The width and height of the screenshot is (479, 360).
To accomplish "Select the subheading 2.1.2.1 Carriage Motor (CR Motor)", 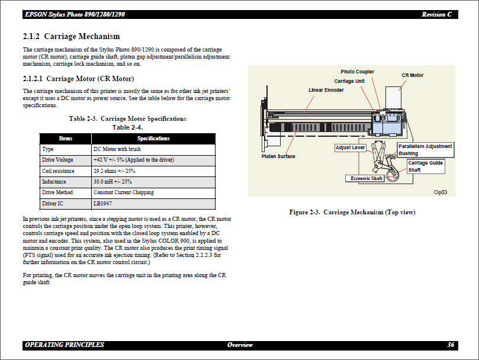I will [x=78, y=79].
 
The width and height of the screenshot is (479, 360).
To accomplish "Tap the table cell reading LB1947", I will [x=102, y=204].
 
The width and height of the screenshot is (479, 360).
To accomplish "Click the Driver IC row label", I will [x=54, y=204].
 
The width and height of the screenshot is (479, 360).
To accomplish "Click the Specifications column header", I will [x=153, y=139].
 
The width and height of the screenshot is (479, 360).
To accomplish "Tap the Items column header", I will [x=65, y=139].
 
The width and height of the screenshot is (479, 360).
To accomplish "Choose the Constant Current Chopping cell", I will [x=123, y=192].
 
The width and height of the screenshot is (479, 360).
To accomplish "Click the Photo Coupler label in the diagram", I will [x=357, y=72].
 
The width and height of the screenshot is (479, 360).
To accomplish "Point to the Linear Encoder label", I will [x=326, y=90].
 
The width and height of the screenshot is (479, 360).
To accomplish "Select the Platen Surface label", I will [x=278, y=156].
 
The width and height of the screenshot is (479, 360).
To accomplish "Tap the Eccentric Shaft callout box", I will [x=366, y=178].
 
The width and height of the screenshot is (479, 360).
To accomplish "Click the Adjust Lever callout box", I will [x=351, y=147].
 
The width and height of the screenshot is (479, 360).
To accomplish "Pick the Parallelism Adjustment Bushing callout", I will [x=425, y=150].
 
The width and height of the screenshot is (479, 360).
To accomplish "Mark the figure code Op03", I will [x=440, y=192].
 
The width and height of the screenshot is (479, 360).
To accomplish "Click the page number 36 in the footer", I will [x=451, y=345].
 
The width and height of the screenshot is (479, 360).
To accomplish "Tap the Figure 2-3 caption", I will [x=352, y=212].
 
